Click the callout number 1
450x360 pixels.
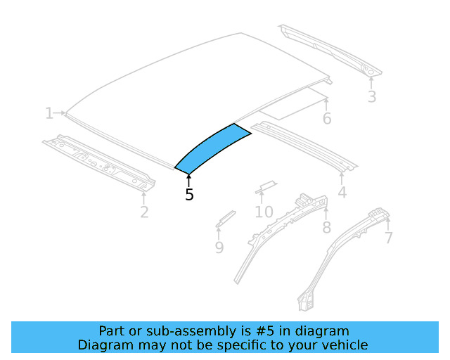[x=49, y=113]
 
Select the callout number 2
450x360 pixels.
[x=144, y=211]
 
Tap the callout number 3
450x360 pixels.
[x=372, y=97]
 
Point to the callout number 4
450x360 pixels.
[x=342, y=192]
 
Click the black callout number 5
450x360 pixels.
[x=189, y=195]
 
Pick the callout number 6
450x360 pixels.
[x=327, y=118]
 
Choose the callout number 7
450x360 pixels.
[x=388, y=238]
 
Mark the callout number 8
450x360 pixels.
[x=326, y=227]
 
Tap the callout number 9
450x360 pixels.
[x=219, y=247]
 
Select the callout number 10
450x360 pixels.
[x=264, y=212]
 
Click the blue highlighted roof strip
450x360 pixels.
[x=211, y=148]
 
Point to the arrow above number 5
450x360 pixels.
[x=188, y=180]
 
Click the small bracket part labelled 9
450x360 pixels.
[x=225, y=217]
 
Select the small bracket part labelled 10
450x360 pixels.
[x=265, y=186]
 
